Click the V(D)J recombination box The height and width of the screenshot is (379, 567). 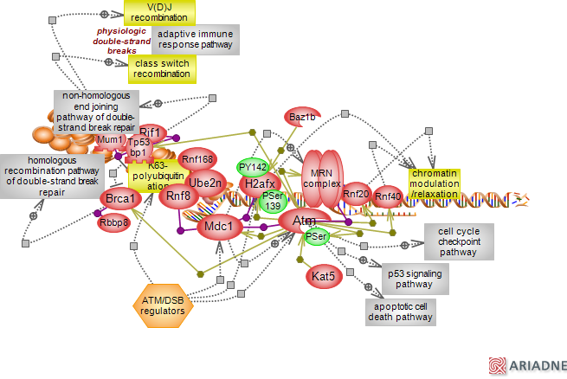160,12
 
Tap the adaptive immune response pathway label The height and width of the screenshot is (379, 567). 196,39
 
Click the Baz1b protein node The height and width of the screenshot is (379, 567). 301,117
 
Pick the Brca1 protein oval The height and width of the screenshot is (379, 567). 120,200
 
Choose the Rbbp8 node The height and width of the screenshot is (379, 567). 113,222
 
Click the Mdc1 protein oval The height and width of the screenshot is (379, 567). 220,228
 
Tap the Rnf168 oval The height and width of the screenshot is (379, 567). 197,159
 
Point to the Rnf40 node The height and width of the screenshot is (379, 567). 388,197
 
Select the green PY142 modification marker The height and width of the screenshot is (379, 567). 253,167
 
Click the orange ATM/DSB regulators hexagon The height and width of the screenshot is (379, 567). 162,305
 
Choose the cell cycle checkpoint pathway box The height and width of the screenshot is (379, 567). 458,241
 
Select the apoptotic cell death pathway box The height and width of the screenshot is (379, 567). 399,312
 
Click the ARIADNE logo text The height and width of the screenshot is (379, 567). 537,366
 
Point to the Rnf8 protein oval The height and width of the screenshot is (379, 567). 178,196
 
